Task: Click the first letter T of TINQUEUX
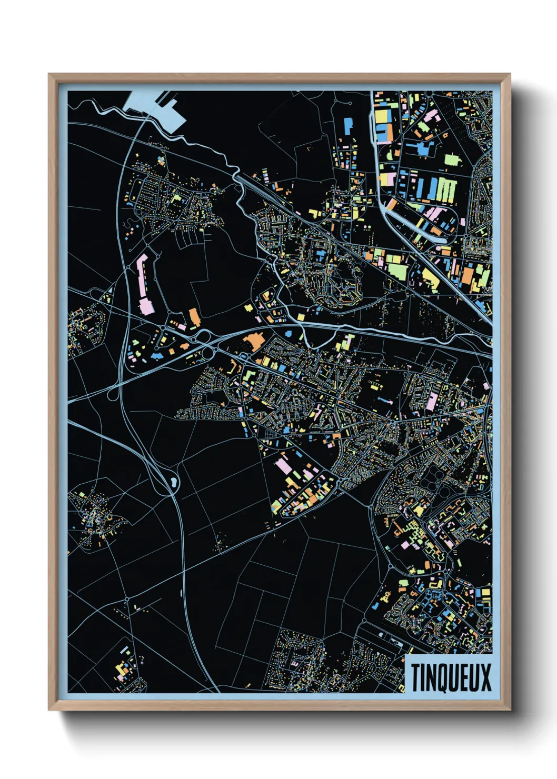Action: click(416, 677)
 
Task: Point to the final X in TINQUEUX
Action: click(485, 677)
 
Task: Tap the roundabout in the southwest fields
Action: click(127, 600)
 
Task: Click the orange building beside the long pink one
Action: click(194, 317)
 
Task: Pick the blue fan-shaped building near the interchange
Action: click(156, 356)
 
